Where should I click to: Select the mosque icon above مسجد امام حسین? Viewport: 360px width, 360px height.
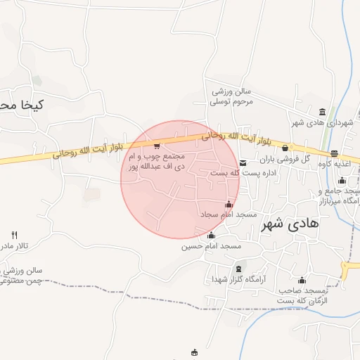(x=211, y=235)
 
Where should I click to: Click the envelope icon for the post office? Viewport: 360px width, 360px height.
(x=243, y=162)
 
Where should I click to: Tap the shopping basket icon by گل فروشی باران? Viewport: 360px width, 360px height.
(x=285, y=148)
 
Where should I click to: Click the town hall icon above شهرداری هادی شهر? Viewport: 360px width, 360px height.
(x=322, y=112)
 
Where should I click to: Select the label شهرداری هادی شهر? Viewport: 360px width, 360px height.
(x=322, y=123)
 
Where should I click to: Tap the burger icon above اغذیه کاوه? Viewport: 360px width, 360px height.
(x=334, y=154)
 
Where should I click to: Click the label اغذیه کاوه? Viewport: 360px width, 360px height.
(x=334, y=164)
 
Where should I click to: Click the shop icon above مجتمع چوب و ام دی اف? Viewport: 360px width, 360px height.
(x=156, y=146)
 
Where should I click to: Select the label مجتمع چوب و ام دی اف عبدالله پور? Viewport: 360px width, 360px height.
(x=156, y=162)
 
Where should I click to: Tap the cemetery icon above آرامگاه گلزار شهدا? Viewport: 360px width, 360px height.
(x=238, y=269)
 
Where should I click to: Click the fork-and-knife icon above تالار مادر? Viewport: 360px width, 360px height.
(x=15, y=235)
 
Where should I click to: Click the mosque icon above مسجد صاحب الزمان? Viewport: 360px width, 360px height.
(x=302, y=280)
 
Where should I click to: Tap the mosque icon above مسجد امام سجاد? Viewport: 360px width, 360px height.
(x=228, y=204)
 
